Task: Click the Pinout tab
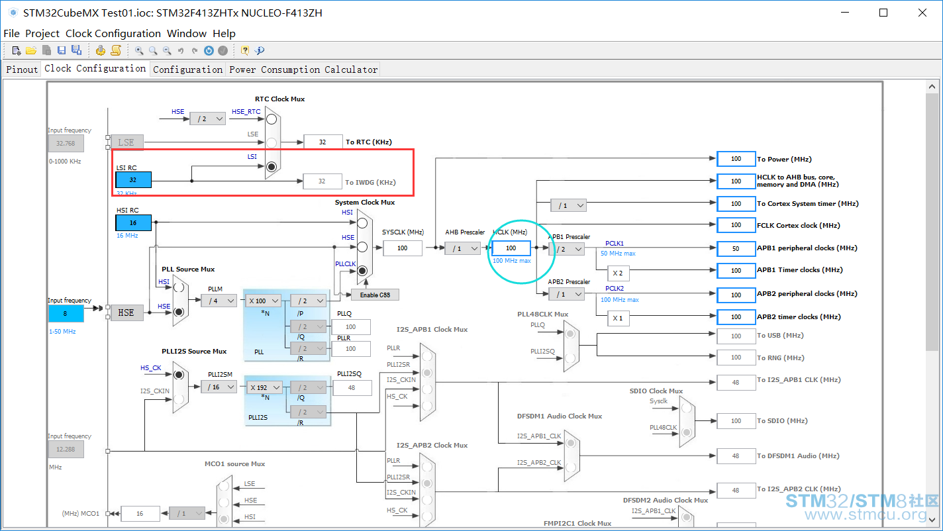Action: click(x=22, y=70)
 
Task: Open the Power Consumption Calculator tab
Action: click(x=303, y=70)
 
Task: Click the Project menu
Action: click(x=42, y=33)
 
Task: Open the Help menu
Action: click(x=224, y=33)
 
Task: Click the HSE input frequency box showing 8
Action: click(x=66, y=313)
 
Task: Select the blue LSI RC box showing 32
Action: click(x=134, y=179)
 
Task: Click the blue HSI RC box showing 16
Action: click(x=134, y=222)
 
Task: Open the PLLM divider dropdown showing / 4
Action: click(x=219, y=301)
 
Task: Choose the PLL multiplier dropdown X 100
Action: click(x=263, y=301)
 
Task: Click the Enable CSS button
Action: click(x=375, y=295)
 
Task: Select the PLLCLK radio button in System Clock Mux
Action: click(x=362, y=271)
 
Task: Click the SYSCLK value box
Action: click(x=403, y=248)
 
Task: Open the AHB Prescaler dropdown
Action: click(x=463, y=249)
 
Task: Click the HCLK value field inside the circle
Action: click(x=511, y=248)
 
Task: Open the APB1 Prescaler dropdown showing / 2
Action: click(x=567, y=249)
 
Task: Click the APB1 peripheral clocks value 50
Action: click(x=736, y=249)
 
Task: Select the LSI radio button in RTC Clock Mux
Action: click(x=272, y=167)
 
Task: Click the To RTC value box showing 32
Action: click(x=323, y=142)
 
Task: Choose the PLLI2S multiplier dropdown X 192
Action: click(x=264, y=387)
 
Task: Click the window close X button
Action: click(x=922, y=13)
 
